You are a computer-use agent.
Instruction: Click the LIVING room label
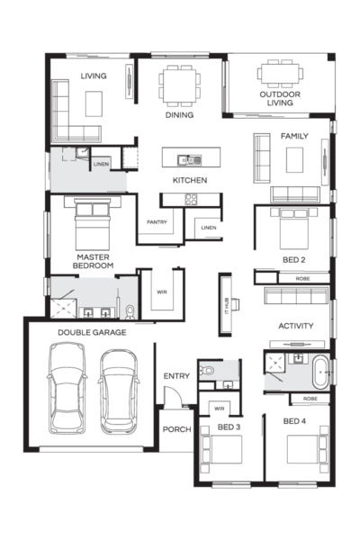pyautogui.click(x=94, y=76)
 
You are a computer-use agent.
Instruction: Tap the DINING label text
pyautogui.click(x=179, y=115)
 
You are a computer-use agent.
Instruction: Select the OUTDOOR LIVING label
pyautogui.click(x=280, y=98)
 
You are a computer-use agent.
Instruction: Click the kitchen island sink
pyautogui.click(x=189, y=160)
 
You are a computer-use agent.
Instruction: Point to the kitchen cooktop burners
pyautogui.click(x=191, y=199)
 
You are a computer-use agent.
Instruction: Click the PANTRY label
pyautogui.click(x=157, y=222)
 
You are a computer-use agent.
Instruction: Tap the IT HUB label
pyautogui.click(x=227, y=305)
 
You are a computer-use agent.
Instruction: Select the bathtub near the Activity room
pyautogui.click(x=320, y=373)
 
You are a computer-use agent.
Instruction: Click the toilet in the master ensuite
pyautogui.click(x=130, y=312)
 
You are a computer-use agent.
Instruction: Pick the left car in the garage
pyautogui.click(x=67, y=388)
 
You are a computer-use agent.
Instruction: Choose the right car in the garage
pyautogui.click(x=119, y=391)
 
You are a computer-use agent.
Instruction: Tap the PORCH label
pyautogui.click(x=176, y=429)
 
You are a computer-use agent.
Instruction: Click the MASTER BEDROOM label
pyautogui.click(x=93, y=261)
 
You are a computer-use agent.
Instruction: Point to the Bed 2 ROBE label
pyautogui.click(x=302, y=279)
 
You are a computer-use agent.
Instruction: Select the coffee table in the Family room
pyautogui.click(x=294, y=160)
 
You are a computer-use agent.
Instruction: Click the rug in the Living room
pyautogui.click(x=94, y=103)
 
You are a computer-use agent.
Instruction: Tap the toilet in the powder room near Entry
pyautogui.click(x=208, y=371)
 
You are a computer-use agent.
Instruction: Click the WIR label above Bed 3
pyautogui.click(x=219, y=409)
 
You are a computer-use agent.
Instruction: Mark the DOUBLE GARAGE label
pyautogui.click(x=92, y=333)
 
